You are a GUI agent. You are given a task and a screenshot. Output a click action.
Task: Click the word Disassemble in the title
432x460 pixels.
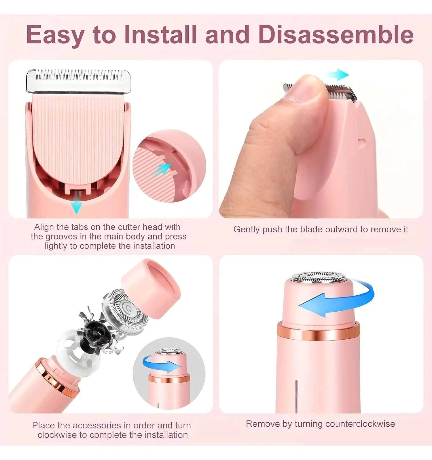click(336, 34)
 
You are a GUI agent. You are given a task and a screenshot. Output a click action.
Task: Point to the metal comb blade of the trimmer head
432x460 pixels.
click(78, 81)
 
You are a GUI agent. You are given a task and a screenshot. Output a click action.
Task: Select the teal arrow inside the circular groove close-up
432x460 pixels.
click(163, 169)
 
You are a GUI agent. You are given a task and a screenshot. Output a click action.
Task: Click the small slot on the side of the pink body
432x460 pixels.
click(362, 142)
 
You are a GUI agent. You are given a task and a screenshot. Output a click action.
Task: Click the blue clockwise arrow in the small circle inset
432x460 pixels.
click(161, 364)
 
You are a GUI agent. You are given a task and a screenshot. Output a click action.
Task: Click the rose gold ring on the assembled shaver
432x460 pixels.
click(318, 331)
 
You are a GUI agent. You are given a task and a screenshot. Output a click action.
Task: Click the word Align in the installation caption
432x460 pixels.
click(44, 227)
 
